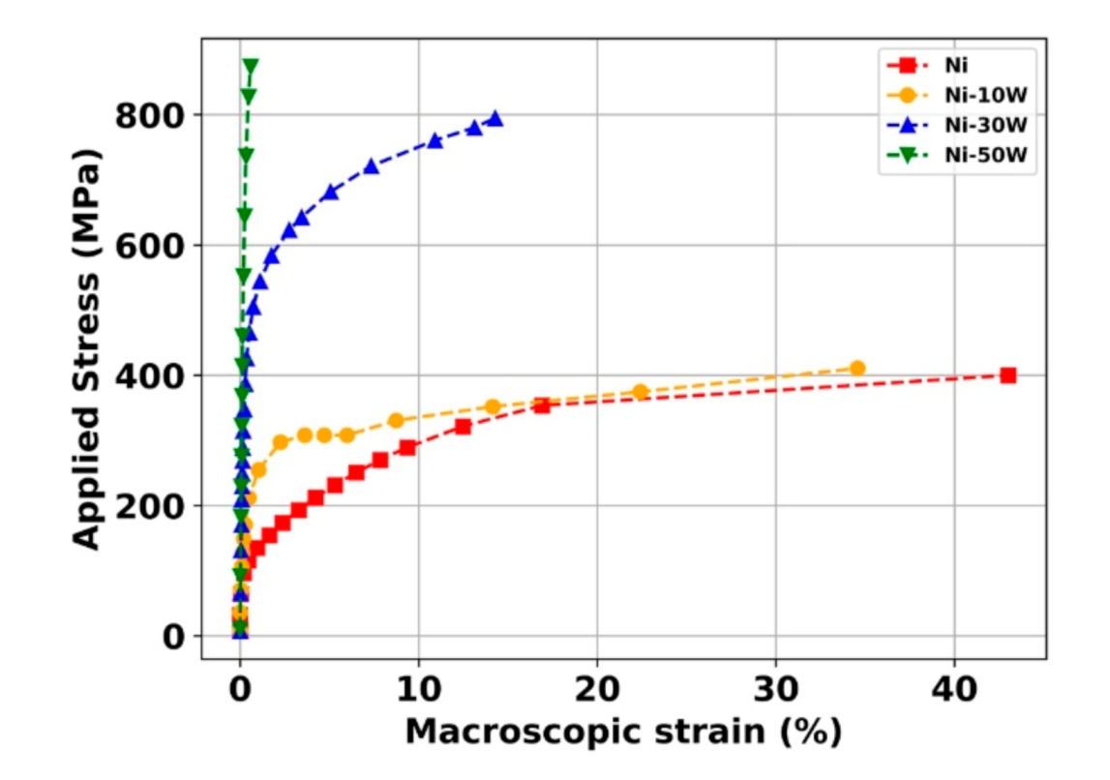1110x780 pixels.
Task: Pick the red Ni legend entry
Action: click(x=957, y=66)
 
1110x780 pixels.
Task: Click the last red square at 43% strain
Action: click(x=1008, y=375)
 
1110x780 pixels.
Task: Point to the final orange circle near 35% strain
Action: click(x=857, y=368)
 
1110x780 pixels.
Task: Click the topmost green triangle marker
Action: click(x=251, y=66)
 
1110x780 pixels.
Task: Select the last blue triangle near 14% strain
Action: click(x=495, y=119)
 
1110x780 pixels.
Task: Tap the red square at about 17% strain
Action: click(x=541, y=405)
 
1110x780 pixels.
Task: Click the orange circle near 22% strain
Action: click(x=640, y=392)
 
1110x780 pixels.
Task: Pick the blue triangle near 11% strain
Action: click(x=435, y=140)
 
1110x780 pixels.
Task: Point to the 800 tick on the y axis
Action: click(x=150, y=116)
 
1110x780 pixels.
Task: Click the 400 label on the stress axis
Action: click(x=150, y=375)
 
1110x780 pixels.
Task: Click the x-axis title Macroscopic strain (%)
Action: click(x=623, y=732)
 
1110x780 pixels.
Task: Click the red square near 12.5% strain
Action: click(x=463, y=427)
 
